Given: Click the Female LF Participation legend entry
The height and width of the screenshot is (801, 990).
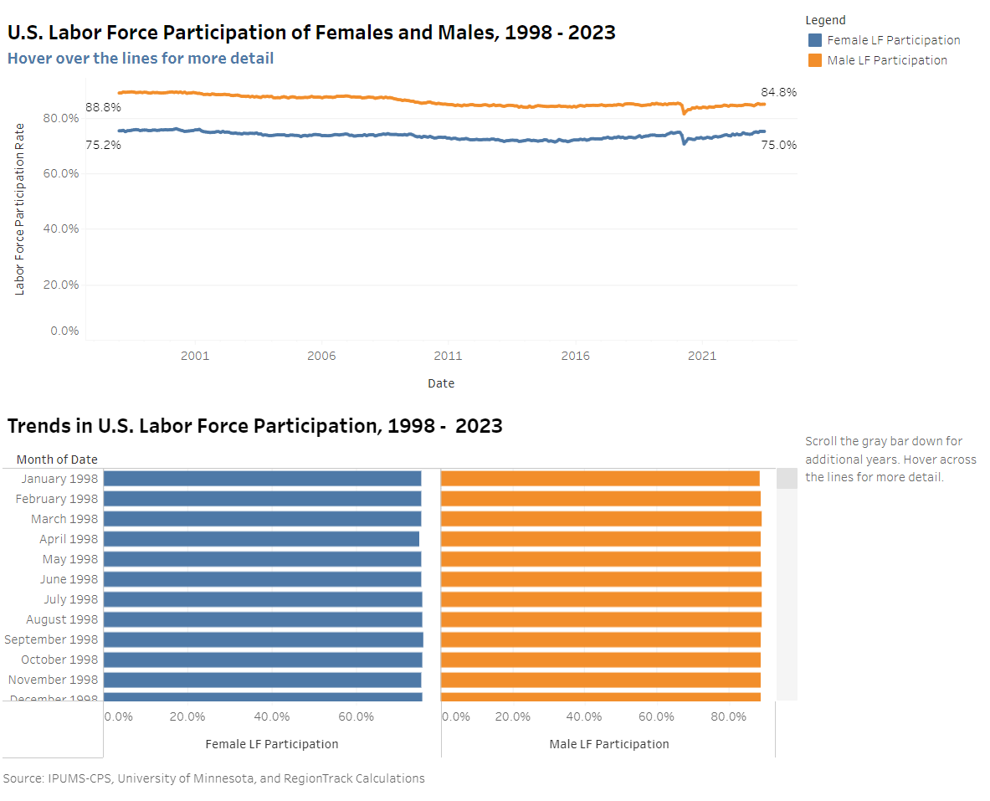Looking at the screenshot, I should [x=893, y=40].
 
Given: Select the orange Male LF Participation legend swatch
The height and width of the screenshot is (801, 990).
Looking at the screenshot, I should [x=814, y=60].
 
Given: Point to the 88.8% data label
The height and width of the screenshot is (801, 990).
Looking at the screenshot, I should [x=103, y=107].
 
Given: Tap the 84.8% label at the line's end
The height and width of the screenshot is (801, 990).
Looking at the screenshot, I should [x=778, y=92].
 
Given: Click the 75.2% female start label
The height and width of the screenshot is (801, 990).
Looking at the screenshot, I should [x=103, y=145].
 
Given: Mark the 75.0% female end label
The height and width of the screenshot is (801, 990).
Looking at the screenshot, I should [x=778, y=145].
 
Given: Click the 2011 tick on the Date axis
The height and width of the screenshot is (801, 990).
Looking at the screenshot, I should [x=448, y=356].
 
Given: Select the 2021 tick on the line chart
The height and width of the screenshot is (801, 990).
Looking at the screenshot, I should [x=701, y=356].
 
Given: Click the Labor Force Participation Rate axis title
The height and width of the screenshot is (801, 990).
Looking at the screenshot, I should [x=20, y=209].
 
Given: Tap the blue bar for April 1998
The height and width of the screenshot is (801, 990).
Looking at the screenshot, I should [x=261, y=539].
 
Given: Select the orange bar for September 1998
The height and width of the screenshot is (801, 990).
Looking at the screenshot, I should [x=600, y=639].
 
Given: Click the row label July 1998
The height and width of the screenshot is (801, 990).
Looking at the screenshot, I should [x=70, y=599].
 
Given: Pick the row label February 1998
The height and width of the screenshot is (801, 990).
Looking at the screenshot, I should [x=57, y=499].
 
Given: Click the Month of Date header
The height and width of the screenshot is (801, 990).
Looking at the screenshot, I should [x=57, y=460].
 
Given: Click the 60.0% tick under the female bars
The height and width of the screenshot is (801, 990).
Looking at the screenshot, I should [x=356, y=716].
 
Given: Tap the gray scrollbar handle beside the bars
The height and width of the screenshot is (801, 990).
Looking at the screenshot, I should [x=787, y=479].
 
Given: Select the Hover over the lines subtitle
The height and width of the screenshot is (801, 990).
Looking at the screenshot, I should [x=141, y=59].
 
